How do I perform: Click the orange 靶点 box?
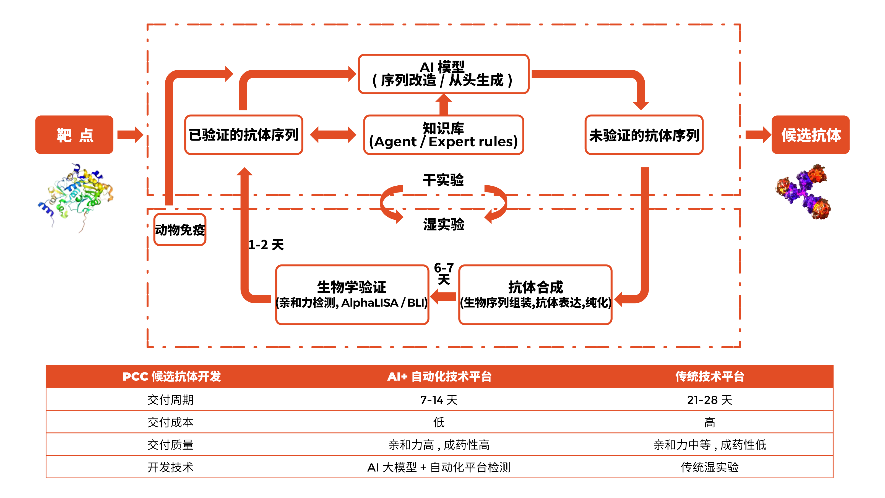(x=74, y=135)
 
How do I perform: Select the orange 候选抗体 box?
(x=810, y=135)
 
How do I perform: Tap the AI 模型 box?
(x=443, y=74)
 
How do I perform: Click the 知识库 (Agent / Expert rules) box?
(x=443, y=135)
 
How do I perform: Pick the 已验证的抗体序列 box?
(x=244, y=135)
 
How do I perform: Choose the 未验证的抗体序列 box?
(x=644, y=135)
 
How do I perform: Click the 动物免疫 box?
(x=180, y=230)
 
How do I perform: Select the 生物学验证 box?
(x=352, y=295)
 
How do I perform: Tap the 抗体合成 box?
(x=535, y=295)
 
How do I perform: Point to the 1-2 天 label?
(x=266, y=245)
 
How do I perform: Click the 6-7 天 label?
(x=444, y=273)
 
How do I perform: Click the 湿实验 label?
(x=443, y=224)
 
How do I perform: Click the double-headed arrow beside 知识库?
(x=333, y=135)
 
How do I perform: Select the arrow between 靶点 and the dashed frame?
(x=130, y=135)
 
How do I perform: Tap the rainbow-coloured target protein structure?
(x=76, y=196)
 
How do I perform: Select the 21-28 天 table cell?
(x=709, y=400)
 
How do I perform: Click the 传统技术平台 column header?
(x=709, y=376)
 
